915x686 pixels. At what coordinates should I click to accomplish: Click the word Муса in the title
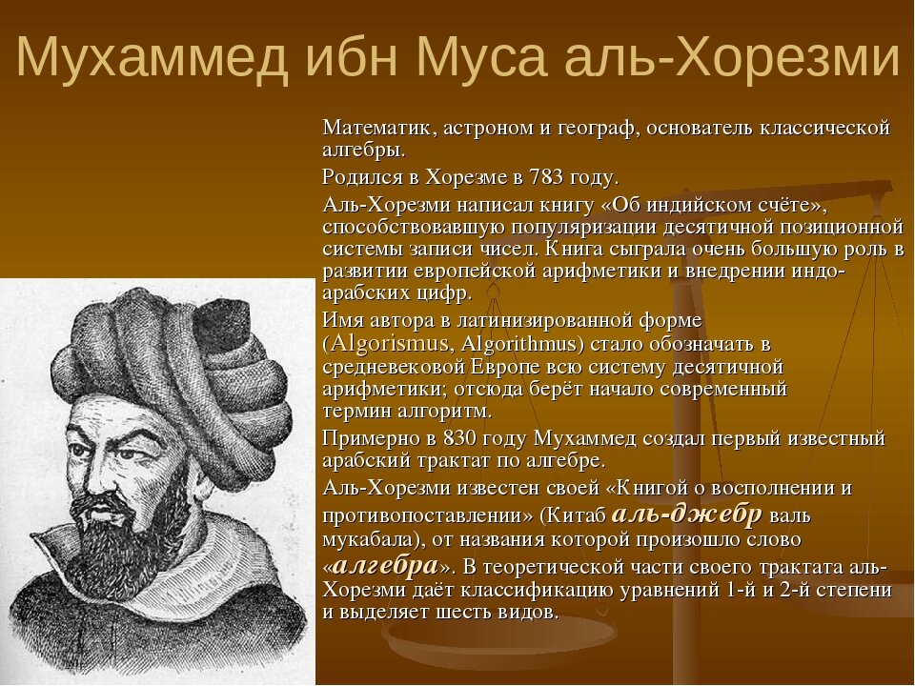(482, 58)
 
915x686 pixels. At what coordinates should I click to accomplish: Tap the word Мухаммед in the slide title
(152, 59)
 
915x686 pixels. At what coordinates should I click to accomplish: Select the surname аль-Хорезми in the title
(732, 58)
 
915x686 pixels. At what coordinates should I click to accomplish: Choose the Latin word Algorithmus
(518, 343)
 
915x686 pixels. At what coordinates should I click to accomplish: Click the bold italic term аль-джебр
(686, 514)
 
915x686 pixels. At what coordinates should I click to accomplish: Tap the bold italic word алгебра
(386, 565)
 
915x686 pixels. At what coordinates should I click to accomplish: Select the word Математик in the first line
(377, 127)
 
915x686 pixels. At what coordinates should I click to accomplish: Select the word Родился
(362, 177)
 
